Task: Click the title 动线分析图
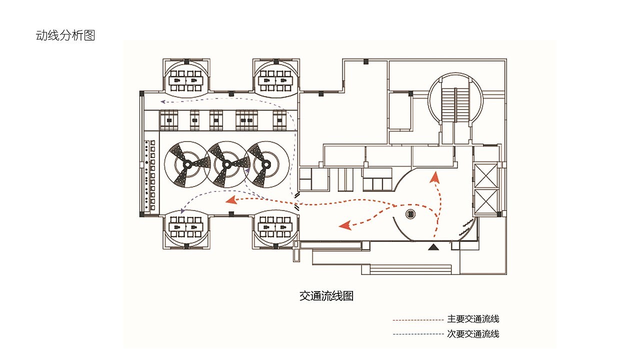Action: pos(65,35)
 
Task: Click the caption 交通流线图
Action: pos(326,296)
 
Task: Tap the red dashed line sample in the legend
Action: pos(418,319)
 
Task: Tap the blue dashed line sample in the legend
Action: pos(418,334)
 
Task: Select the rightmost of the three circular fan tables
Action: pos(266,164)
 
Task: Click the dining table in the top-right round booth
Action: pos(275,79)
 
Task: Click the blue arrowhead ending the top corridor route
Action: pos(162,101)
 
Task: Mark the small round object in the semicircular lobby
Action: pos(410,214)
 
